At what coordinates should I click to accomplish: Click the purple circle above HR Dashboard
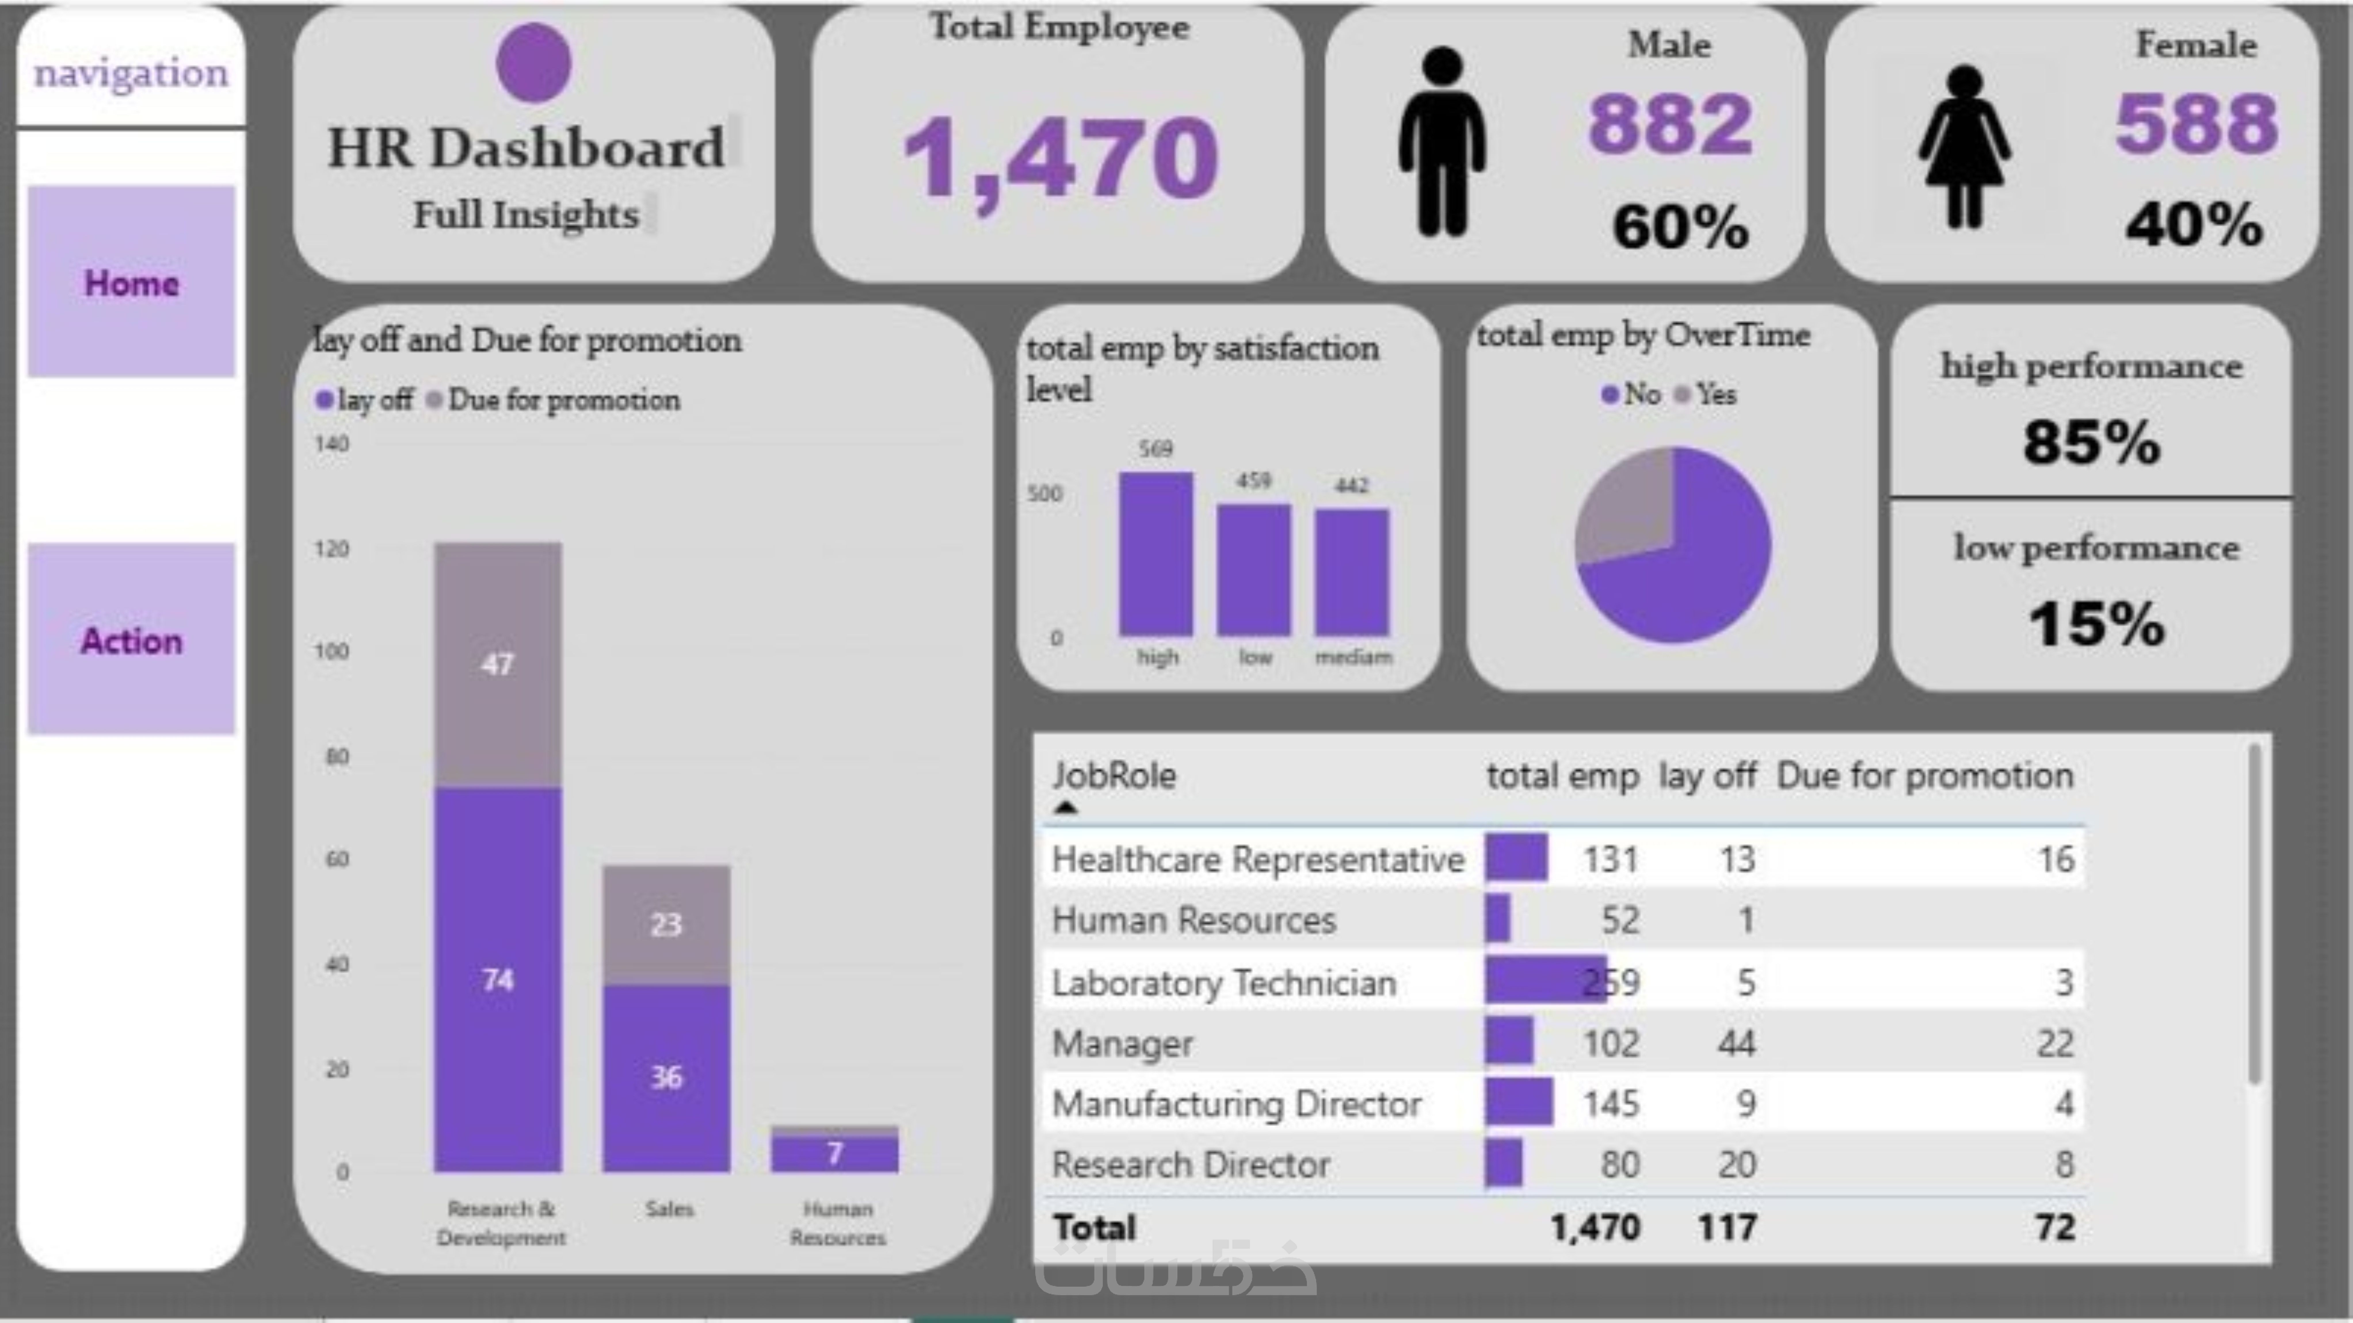(x=533, y=62)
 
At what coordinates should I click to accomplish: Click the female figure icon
(x=1964, y=146)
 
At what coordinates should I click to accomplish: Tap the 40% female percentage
(x=2194, y=225)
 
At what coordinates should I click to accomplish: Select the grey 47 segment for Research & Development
(x=498, y=664)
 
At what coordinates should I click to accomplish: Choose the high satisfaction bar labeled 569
(x=1155, y=553)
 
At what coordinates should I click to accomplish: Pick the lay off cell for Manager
(x=1736, y=1043)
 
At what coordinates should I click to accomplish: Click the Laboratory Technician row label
(x=1224, y=982)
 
